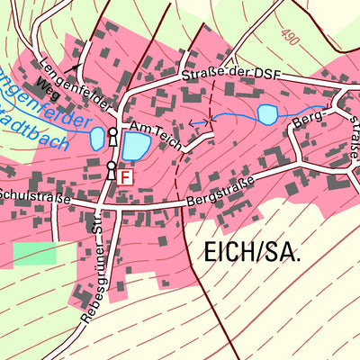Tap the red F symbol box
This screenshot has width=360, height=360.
pyautogui.click(x=125, y=178)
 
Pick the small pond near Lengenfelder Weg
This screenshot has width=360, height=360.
pyautogui.click(x=96, y=139)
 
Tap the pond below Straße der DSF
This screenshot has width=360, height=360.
pyautogui.click(x=267, y=114)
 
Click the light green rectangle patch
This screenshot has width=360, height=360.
pyautogui.click(x=34, y=253)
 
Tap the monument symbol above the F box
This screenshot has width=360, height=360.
pyautogui.click(x=111, y=170)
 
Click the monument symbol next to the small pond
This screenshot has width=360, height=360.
pyautogui.click(x=112, y=137)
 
